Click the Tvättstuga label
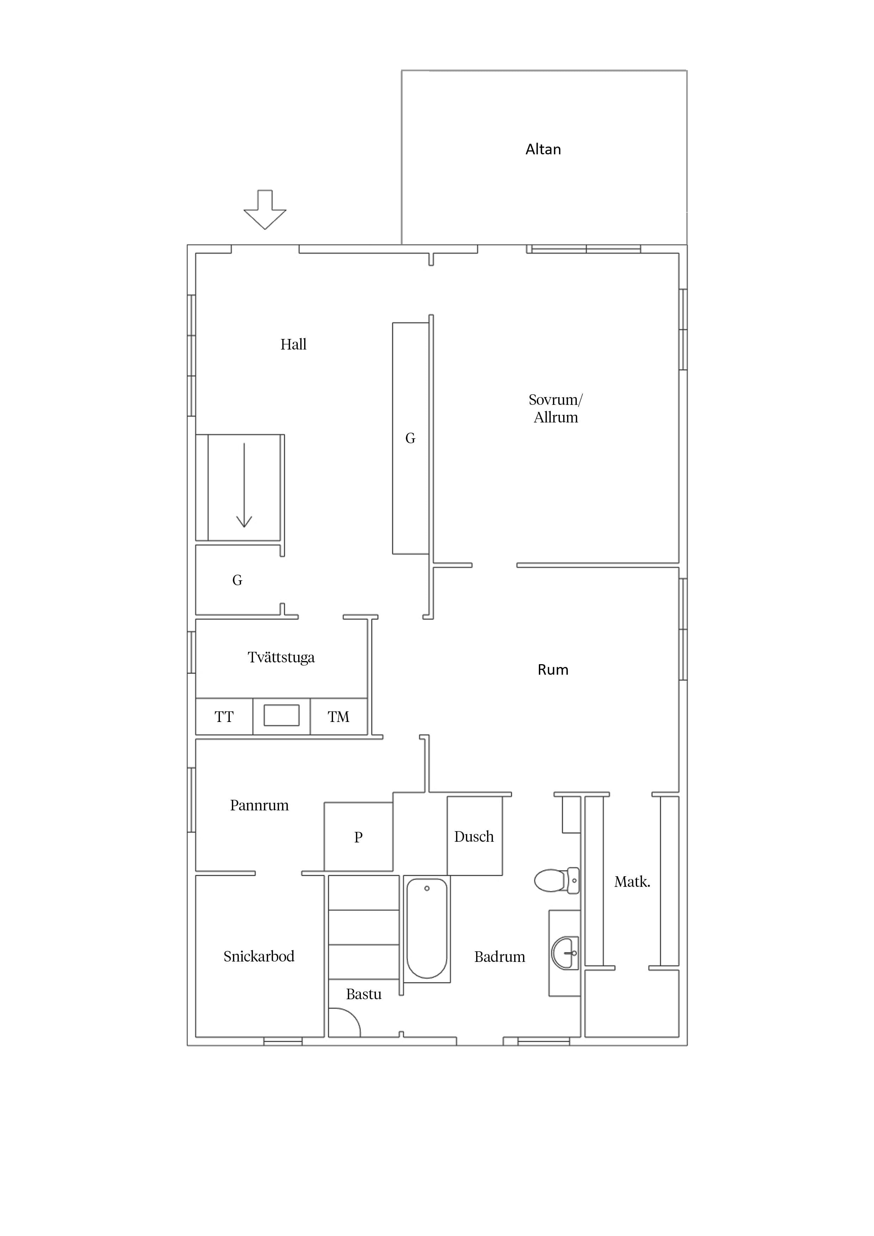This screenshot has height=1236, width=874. pos(281,657)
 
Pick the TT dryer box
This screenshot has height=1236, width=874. pos(224,717)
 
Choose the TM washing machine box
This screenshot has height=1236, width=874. pos(339,717)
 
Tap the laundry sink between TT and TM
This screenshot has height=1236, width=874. pos(282,716)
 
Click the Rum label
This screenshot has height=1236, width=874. pos(553,670)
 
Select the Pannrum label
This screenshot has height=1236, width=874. pos(260,805)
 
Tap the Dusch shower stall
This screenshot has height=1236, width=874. pos(474,836)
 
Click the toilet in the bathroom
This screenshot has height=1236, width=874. pos(557,881)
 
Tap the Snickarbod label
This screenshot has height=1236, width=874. pos(259,957)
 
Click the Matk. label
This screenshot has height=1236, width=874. pos(632,882)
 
